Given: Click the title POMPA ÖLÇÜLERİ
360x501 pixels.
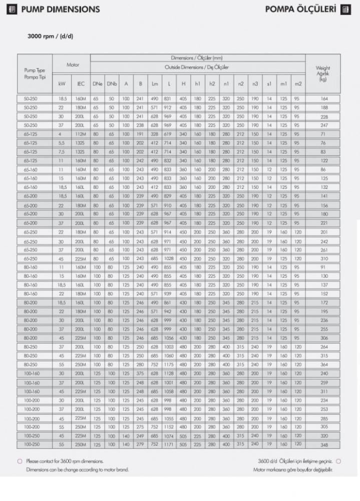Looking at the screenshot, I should click(x=297, y=9).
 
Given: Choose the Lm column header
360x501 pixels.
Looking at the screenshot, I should click(x=155, y=83).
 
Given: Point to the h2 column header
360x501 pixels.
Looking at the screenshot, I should click(x=212, y=83).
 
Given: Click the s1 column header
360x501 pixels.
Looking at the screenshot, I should click(x=269, y=83).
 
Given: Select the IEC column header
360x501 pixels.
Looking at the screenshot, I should click(x=81, y=83).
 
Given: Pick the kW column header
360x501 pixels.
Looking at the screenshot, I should click(x=62, y=83).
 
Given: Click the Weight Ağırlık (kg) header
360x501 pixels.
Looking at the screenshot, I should click(x=323, y=74).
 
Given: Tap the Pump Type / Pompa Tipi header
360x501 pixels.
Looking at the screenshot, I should click(x=35, y=74).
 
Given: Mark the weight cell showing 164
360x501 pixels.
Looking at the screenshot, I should click(x=323, y=99).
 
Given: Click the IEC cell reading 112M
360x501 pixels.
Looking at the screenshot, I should click(x=81, y=135).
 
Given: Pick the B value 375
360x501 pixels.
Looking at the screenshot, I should click(x=141, y=373).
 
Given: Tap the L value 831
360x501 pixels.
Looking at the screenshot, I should click(x=169, y=99).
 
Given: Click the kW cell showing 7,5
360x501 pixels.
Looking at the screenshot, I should click(x=62, y=152).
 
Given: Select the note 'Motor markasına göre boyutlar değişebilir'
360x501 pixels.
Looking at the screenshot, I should click(x=293, y=469).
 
